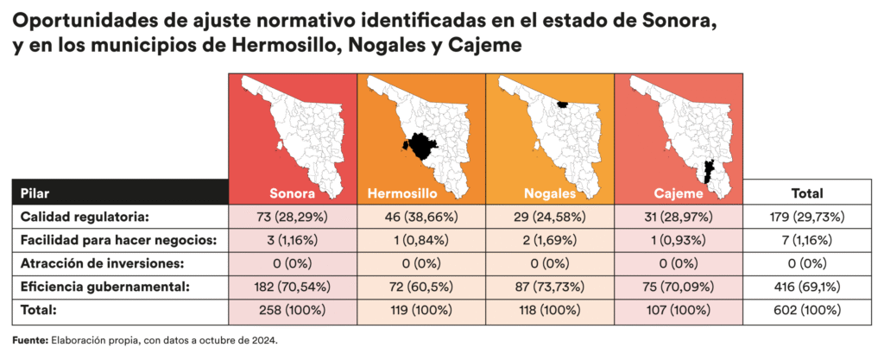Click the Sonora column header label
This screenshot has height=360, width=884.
click(x=292, y=193)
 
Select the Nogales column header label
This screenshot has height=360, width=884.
click(x=549, y=193)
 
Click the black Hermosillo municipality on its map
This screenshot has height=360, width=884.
click(x=420, y=146)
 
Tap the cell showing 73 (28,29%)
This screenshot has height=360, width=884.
click(x=292, y=217)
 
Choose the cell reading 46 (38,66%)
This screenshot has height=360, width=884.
click(x=420, y=217)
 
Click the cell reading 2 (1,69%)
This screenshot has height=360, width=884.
click(x=549, y=239)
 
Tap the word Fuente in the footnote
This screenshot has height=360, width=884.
click(x=30, y=340)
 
